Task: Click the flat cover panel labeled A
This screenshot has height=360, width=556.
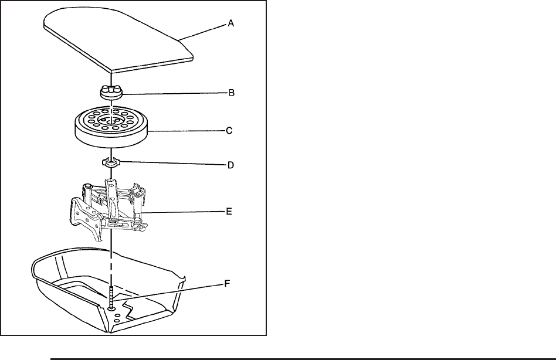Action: click(117, 41)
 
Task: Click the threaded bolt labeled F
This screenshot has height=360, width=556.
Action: click(110, 298)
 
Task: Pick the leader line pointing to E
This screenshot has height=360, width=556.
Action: click(176, 211)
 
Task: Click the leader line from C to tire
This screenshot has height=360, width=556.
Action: click(188, 133)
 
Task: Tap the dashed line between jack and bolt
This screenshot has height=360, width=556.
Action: click(110, 258)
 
